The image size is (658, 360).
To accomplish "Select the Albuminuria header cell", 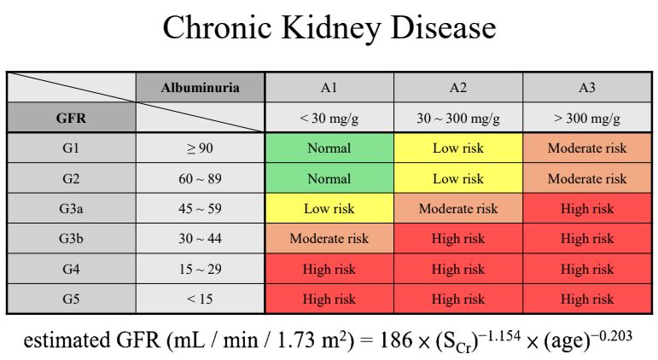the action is (x=201, y=87).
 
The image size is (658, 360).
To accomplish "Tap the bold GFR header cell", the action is (x=72, y=118).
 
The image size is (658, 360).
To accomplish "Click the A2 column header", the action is (x=458, y=87).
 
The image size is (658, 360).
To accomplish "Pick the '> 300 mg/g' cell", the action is (x=587, y=118).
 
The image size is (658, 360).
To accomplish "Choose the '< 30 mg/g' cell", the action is (x=329, y=118).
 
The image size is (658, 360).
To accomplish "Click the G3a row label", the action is (x=72, y=208).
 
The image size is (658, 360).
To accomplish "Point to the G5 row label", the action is (x=72, y=299).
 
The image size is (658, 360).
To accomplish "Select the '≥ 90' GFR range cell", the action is (x=201, y=148).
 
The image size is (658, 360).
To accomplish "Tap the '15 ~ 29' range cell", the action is (x=201, y=269).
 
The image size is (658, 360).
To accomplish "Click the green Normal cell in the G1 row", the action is (x=329, y=148).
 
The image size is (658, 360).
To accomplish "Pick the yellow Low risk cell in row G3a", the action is (x=329, y=208).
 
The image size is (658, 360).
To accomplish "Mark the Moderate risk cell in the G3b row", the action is (x=329, y=238).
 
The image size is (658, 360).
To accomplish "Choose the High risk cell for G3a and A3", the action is (x=587, y=208).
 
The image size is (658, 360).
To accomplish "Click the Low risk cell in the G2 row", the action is (x=458, y=178).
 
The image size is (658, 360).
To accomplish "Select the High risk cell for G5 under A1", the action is (x=329, y=299).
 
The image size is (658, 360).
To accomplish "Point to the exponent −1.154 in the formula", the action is (x=501, y=335).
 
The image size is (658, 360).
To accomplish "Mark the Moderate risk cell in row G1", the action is (x=587, y=148).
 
